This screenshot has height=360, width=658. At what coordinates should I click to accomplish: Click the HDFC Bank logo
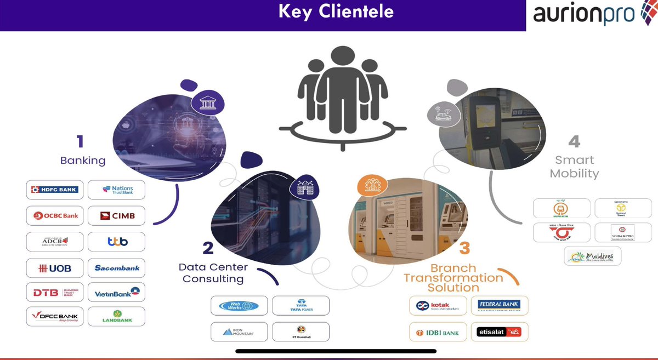click(x=55, y=190)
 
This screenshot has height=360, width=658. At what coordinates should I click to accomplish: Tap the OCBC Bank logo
click(x=55, y=216)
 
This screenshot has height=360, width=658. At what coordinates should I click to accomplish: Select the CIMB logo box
click(x=116, y=216)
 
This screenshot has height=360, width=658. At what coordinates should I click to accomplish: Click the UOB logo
click(x=55, y=268)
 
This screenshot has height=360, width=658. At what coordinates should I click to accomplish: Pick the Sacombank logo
click(x=116, y=268)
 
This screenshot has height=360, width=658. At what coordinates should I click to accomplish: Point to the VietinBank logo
click(x=116, y=293)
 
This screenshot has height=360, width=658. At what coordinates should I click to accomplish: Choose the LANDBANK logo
click(x=116, y=317)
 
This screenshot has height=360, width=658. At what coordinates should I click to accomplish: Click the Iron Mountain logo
click(x=239, y=332)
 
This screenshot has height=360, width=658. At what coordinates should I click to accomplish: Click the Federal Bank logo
click(x=499, y=305)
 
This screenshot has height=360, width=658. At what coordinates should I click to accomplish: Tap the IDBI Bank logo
click(x=438, y=332)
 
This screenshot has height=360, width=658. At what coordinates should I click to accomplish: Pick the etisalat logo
click(x=499, y=332)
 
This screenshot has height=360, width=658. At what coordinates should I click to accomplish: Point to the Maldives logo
click(x=592, y=256)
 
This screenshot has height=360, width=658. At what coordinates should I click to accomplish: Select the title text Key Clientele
click(x=336, y=12)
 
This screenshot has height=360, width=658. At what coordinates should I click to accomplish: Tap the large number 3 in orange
click(x=464, y=248)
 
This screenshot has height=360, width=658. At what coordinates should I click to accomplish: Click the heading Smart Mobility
click(x=574, y=167)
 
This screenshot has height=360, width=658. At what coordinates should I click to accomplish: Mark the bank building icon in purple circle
click(x=207, y=103)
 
